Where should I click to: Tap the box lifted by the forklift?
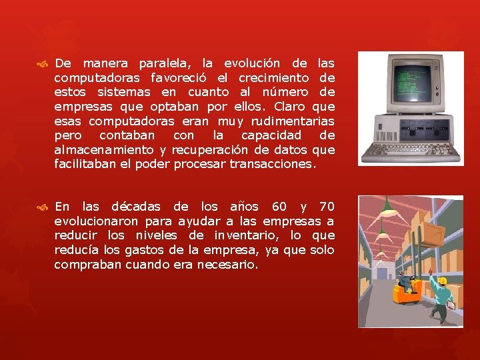point(429,233)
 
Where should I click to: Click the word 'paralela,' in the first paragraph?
point(164,63)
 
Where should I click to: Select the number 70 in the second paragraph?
point(327,206)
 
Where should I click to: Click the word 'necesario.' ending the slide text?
point(225,264)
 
